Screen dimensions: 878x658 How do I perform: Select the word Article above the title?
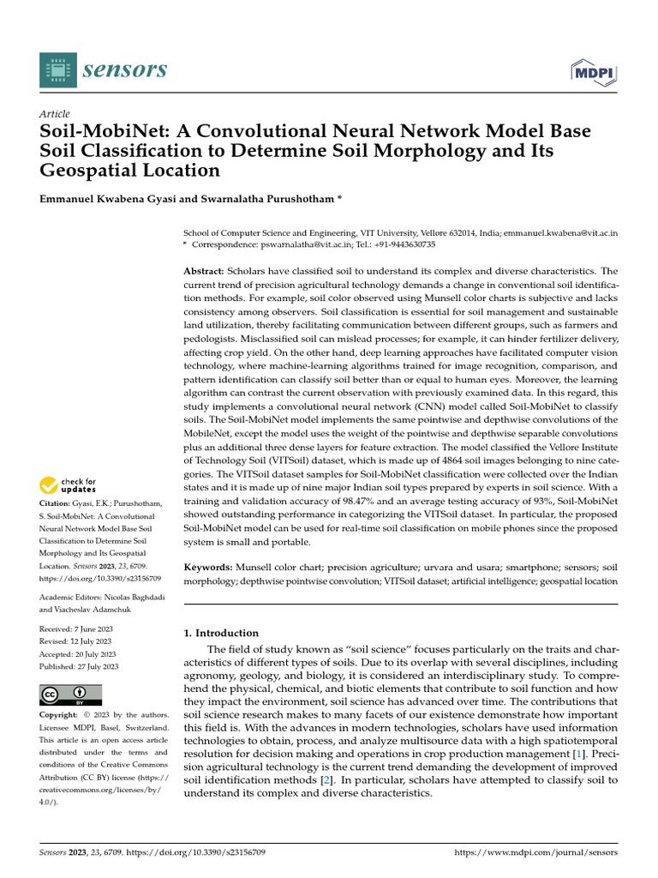[55, 114]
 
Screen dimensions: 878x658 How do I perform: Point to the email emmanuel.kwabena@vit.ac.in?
[560, 233]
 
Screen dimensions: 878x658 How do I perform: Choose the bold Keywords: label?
[208, 568]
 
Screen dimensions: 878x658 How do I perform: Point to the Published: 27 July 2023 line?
[80, 666]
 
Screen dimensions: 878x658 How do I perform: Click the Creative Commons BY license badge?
[71, 694]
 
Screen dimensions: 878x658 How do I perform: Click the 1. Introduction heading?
[221, 633]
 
